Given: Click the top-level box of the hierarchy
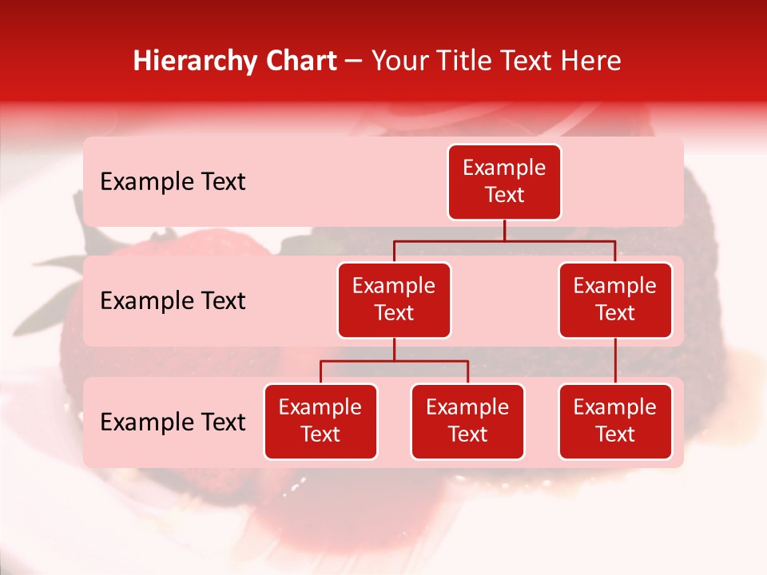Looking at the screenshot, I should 504,182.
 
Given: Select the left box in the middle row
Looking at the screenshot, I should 394,300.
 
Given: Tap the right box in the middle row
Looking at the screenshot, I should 615,300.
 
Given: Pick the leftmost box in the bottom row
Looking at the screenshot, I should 320,422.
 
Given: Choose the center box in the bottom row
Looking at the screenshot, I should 467,422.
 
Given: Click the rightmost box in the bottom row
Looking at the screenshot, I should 615,422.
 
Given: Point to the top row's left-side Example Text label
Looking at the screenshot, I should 173,182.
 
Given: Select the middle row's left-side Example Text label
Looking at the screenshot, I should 173,301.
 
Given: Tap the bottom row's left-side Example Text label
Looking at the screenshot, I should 173,422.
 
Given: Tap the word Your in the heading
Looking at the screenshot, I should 399,61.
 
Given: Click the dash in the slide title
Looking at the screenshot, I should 354,62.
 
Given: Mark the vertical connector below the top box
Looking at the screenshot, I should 504,230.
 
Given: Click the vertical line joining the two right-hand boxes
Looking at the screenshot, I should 615,361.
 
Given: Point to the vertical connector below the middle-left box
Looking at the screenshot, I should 394,350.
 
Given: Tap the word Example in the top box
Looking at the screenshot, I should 504,169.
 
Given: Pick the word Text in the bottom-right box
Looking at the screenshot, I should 615,434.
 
